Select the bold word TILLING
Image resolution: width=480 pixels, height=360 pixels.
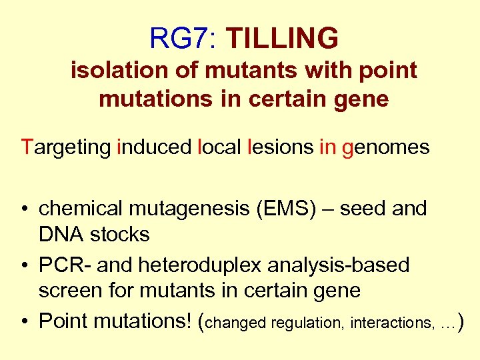pyautogui.click(x=282, y=39)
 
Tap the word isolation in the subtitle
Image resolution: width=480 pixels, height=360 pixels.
pyautogui.click(x=117, y=70)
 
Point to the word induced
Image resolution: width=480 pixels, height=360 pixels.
pyautogui.click(x=154, y=147)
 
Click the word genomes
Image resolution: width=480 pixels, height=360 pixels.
pyautogui.click(x=385, y=147)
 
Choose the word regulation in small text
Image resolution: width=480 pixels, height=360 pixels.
pyautogui.click(x=303, y=323)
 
